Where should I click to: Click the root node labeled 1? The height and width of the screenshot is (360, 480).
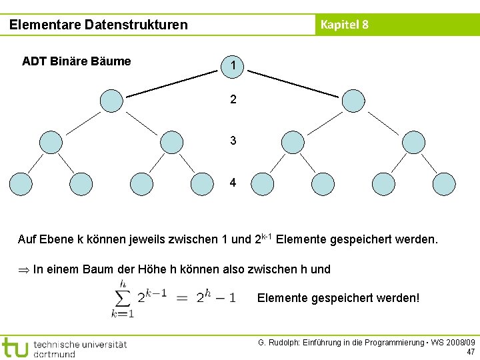[233, 65]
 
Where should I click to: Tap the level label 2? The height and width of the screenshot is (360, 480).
[233, 100]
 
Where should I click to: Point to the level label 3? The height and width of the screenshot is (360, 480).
[233, 141]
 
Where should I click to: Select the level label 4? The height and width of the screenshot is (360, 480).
[233, 183]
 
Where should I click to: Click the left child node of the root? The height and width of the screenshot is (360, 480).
[111, 101]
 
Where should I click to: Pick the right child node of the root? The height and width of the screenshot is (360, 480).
[353, 101]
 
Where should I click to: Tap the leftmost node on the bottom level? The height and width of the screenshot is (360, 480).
[20, 183]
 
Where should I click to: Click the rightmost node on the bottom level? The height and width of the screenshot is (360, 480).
[444, 183]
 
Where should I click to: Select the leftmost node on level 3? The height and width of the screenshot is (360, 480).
[51, 142]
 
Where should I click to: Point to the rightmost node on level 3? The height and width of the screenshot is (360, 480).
[413, 142]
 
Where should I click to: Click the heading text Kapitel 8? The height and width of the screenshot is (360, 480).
[344, 25]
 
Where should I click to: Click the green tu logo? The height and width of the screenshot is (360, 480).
[15, 347]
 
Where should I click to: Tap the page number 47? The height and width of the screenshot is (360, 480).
[471, 351]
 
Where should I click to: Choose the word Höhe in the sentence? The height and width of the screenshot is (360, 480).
[153, 269]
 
